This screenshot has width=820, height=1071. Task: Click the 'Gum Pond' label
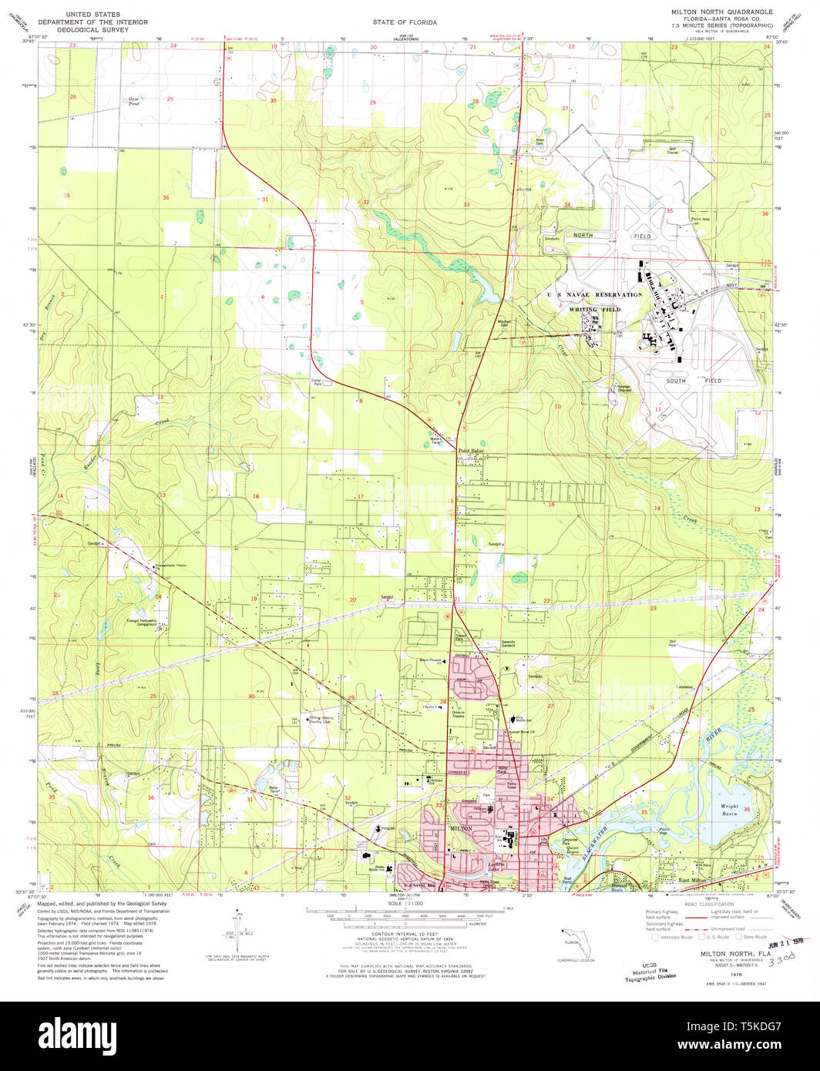point(134,101)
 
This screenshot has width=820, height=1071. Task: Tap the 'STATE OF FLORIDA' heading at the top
point(405,22)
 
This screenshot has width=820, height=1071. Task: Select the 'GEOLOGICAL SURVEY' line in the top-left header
point(109,30)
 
